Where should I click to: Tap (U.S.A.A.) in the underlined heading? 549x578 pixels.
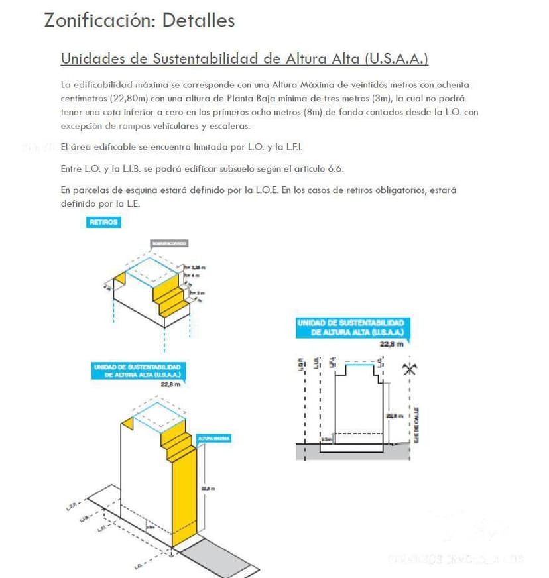396,58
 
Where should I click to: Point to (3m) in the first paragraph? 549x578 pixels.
380,98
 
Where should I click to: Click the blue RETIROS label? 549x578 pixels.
104,223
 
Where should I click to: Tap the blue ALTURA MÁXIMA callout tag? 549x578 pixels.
213,439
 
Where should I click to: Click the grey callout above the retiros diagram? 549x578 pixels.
169,243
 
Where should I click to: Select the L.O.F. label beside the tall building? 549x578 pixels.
73,506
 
